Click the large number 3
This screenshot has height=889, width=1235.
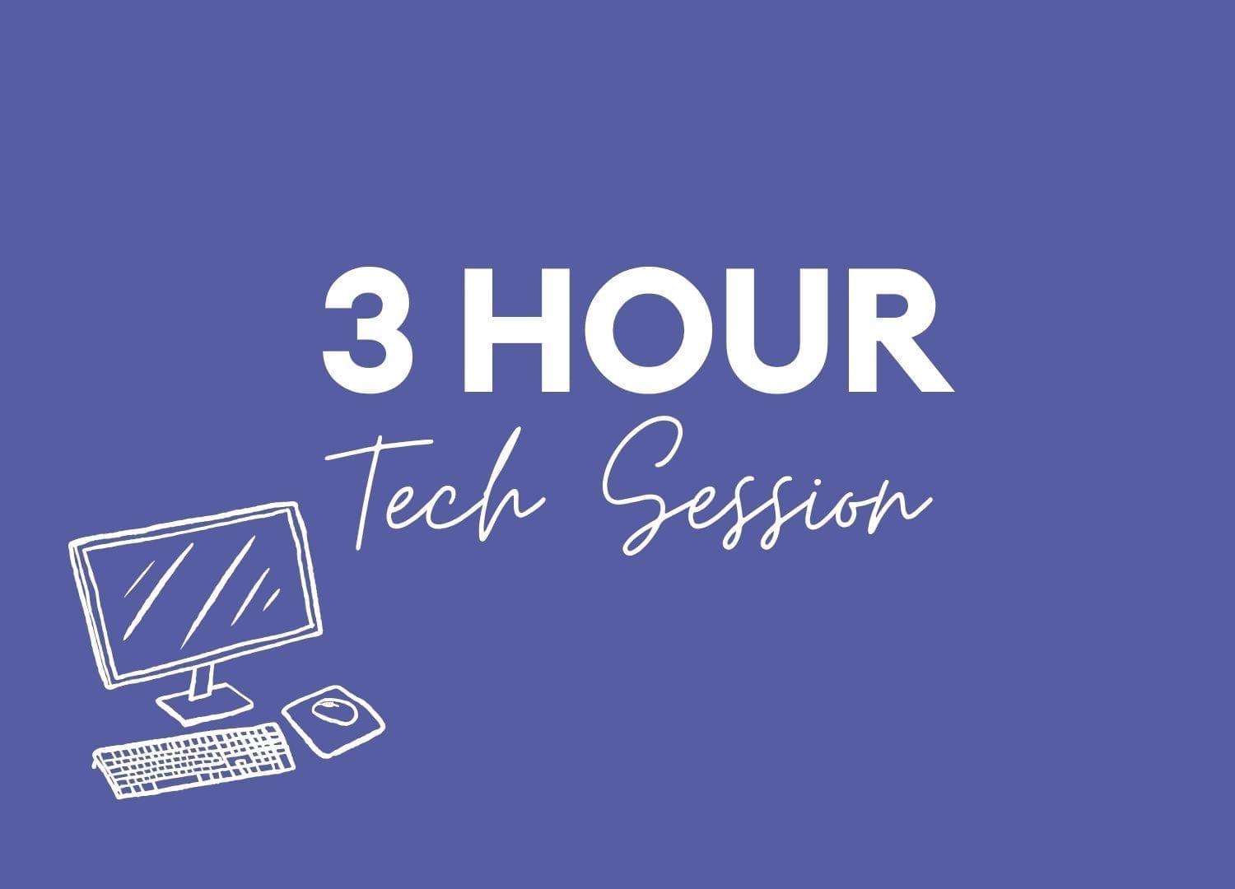click(367, 331)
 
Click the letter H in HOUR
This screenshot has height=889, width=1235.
click(516, 331)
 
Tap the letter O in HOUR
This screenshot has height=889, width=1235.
click(649, 331)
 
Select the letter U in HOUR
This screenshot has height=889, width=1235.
click(778, 332)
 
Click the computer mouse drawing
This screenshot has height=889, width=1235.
click(334, 711)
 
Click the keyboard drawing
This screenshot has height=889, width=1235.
click(193, 761)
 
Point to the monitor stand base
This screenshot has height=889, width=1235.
click(205, 704)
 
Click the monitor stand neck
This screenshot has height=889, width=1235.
click(203, 682)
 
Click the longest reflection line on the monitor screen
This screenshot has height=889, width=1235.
click(218, 593)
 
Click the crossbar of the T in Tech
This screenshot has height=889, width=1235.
click(380, 450)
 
